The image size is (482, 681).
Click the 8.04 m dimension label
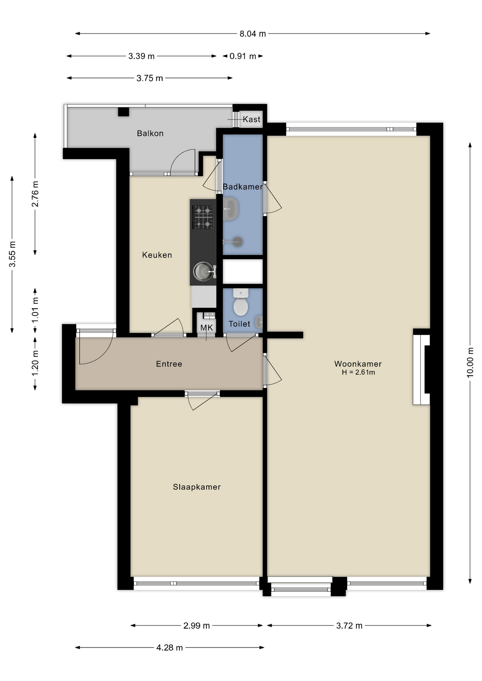coord(252,34)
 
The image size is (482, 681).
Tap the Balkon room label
coord(150,133)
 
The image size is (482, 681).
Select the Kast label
coord(251,120)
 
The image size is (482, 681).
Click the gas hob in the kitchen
coord(203,217)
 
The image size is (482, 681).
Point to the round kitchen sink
coord(203,271)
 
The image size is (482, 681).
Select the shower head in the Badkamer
coord(237,242)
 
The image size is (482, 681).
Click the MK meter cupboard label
coord(207,328)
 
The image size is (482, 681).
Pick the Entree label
coord(169,364)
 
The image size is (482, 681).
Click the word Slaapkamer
coord(197,487)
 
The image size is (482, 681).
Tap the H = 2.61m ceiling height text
coord(358,372)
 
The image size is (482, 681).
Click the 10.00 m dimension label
coord(470,362)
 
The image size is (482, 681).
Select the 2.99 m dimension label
coord(196,626)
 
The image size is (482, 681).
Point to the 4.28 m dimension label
coord(169,648)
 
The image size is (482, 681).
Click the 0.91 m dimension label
coord(243,56)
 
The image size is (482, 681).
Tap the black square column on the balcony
coord(124,112)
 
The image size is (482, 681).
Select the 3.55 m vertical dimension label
coord(12,254)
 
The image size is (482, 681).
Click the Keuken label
coord(157,255)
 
